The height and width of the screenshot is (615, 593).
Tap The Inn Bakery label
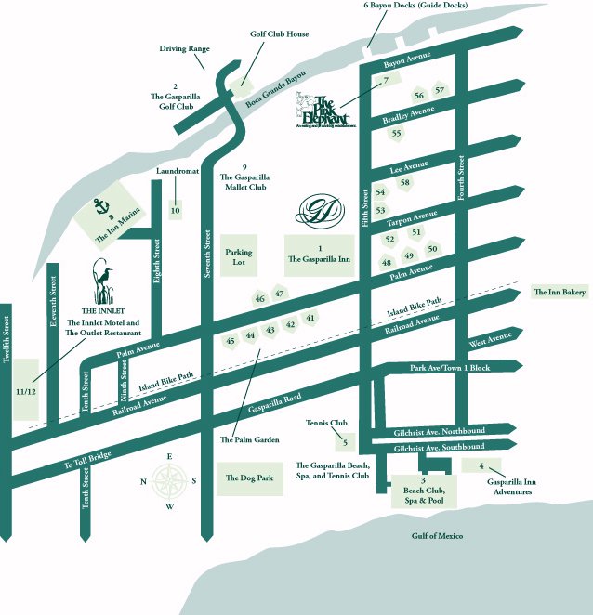559,292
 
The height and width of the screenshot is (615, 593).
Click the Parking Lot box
239,256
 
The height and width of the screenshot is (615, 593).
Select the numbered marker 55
396,134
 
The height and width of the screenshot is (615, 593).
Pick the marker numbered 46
259,299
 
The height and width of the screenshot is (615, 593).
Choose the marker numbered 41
311,319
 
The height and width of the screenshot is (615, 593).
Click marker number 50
432,249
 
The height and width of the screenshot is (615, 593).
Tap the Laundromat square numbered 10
175,210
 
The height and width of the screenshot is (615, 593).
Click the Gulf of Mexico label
437,536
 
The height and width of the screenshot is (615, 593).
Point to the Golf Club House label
279,35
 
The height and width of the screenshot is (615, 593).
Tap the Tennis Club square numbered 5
345,441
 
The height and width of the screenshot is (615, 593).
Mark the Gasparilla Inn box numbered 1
319,255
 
